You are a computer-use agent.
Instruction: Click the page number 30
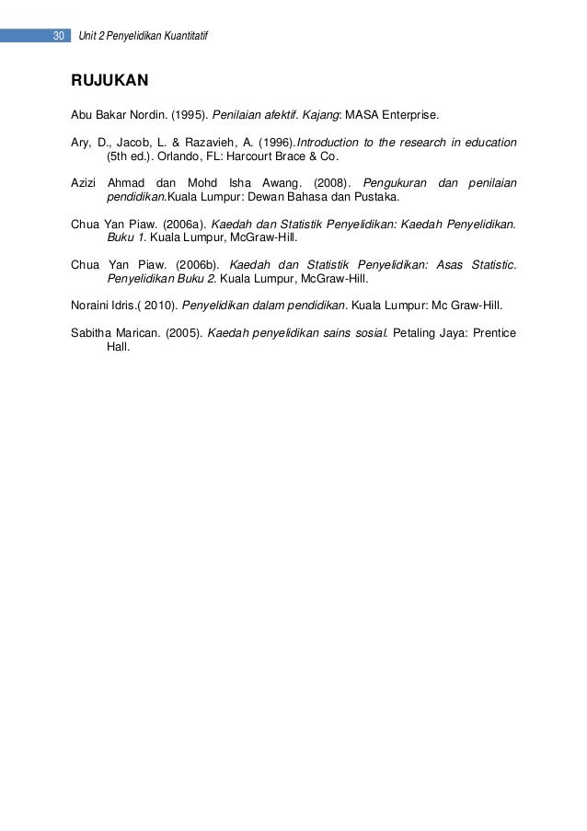click(x=57, y=36)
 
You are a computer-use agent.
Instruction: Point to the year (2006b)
click(x=194, y=263)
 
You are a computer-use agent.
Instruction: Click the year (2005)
click(x=184, y=330)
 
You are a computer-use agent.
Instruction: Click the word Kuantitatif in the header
click(x=183, y=36)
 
